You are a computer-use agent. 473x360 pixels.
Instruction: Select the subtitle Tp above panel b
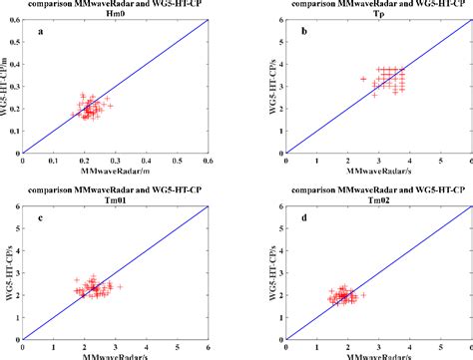tap(377, 15)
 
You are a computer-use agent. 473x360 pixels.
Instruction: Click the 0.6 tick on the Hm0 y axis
tap(13, 22)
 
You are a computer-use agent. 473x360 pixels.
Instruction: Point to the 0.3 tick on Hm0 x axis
tap(116, 160)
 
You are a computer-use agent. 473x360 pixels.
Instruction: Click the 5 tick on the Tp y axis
tap(278, 44)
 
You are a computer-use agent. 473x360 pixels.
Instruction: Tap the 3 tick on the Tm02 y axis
tap(278, 272)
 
